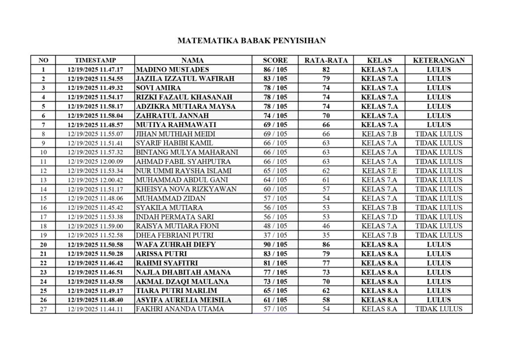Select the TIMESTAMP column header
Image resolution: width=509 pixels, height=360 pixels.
pyautogui.click(x=95, y=60)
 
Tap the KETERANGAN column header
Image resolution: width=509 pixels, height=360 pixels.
pyautogui.click(x=438, y=60)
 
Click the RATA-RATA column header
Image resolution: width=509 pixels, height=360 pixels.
pyautogui.click(x=326, y=60)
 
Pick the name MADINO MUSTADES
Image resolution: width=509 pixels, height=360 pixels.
pyautogui.click(x=172, y=70)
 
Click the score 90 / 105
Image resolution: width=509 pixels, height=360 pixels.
pyautogui.click(x=275, y=245)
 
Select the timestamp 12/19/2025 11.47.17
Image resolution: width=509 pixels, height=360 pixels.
pyautogui.click(x=95, y=70)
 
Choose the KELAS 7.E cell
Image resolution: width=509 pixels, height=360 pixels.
pyautogui.click(x=379, y=171)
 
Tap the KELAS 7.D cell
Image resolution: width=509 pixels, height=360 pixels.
pyautogui.click(x=379, y=217)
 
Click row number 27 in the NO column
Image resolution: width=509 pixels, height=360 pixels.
pyautogui.click(x=43, y=309)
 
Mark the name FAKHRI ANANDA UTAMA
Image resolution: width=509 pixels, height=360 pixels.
pyautogui.click(x=180, y=309)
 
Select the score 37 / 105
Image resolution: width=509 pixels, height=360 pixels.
pyautogui.click(x=275, y=235)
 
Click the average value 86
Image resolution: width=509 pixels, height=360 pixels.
pyautogui.click(x=326, y=245)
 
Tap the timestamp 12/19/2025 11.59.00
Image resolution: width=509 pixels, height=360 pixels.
pyautogui.click(x=95, y=226)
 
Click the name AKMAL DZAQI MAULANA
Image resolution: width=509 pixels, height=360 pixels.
pyautogui.click(x=182, y=281)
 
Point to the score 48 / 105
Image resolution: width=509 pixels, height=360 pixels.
pyautogui.click(x=275, y=226)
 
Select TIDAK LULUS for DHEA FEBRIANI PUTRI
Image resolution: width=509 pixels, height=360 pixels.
pyautogui.click(x=438, y=235)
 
